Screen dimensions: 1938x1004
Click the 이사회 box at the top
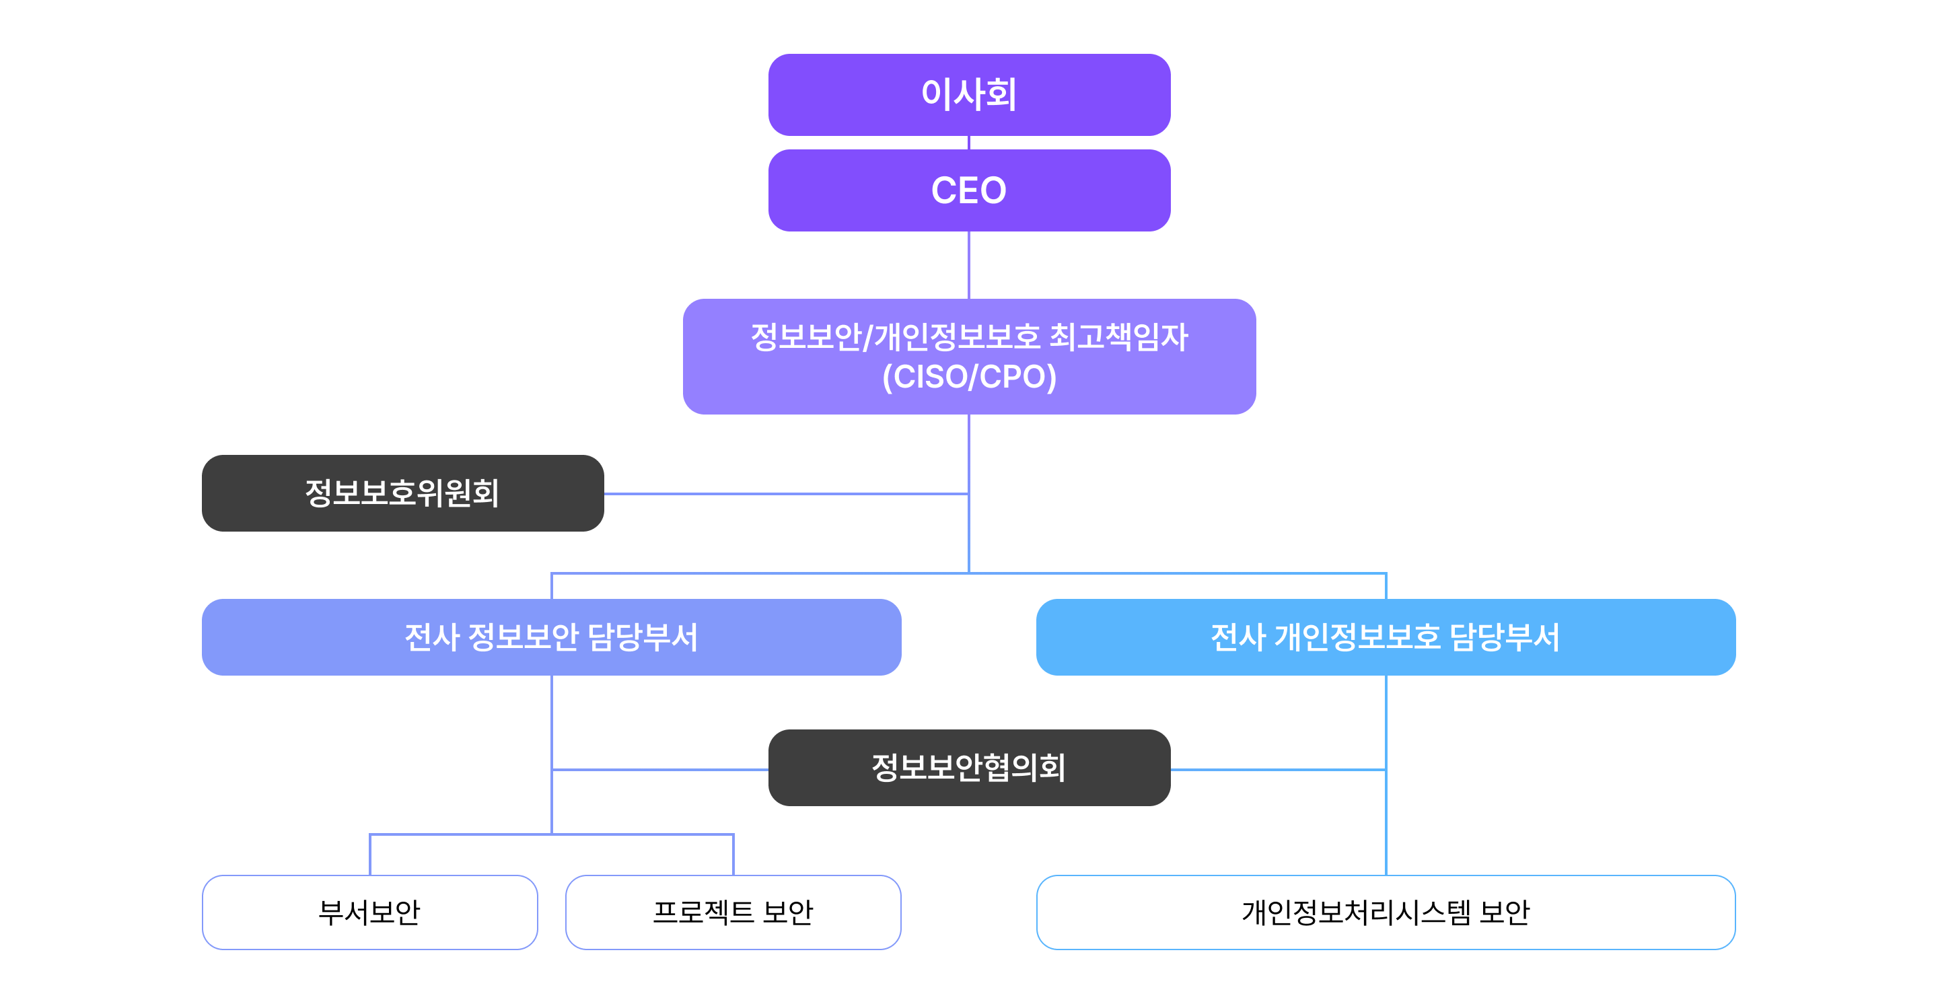pos(969,95)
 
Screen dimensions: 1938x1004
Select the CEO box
pos(969,190)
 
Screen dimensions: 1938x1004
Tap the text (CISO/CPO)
pos(969,377)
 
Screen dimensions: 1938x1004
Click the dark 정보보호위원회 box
pos(402,493)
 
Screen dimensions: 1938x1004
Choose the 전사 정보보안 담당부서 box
pos(552,637)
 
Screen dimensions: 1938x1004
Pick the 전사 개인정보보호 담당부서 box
pos(1386,637)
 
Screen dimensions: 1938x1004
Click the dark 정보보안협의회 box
pos(969,768)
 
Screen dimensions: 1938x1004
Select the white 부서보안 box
pos(369,912)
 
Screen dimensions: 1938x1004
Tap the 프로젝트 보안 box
pos(733,912)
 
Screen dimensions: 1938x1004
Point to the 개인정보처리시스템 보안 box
pos(1386,912)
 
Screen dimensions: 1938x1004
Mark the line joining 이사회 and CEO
pos(969,143)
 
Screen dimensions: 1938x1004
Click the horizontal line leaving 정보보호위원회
pos(786,494)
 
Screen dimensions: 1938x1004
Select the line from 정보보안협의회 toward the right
pos(1279,769)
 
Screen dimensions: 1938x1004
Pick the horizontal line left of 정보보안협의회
pos(659,769)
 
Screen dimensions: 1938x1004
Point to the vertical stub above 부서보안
pos(370,855)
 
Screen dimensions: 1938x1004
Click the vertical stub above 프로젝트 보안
pos(733,855)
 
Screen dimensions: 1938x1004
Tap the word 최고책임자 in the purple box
pos(1118,336)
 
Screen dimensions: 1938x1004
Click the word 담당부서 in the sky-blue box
pos(1504,637)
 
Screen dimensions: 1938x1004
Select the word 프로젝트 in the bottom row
pos(703,912)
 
